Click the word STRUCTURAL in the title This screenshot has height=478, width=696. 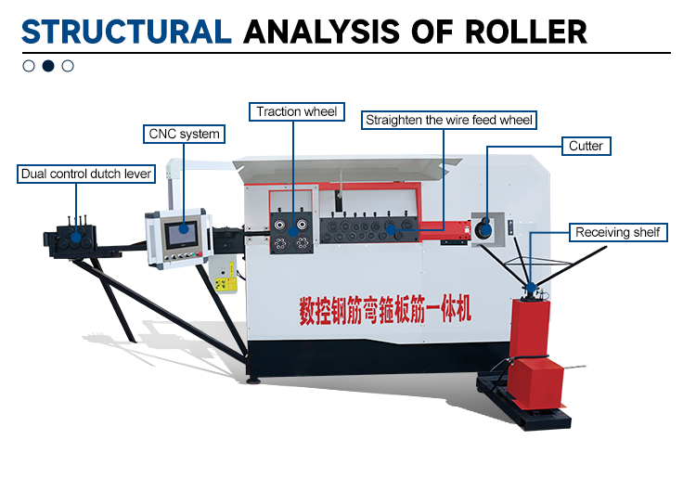[125, 32]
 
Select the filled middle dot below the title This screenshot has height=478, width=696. [48, 66]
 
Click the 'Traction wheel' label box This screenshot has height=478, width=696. [296, 111]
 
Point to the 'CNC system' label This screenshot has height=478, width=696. [185, 134]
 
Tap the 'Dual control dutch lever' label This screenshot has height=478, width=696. [85, 174]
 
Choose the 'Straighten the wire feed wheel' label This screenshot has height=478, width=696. [450, 120]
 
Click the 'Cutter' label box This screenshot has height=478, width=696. [586, 146]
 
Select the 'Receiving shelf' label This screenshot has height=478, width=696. [617, 231]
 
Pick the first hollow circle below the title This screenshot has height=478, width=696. [29, 66]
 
